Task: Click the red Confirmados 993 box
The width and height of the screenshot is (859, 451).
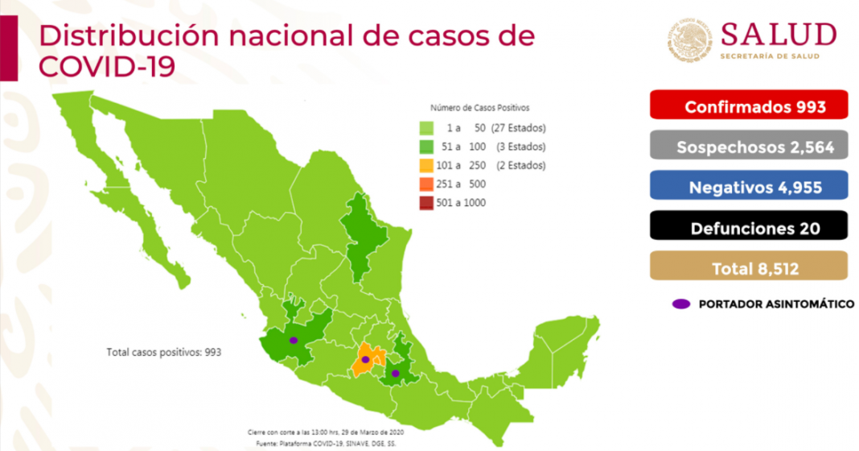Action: click(x=749, y=106)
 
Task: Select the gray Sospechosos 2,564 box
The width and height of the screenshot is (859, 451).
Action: click(x=749, y=147)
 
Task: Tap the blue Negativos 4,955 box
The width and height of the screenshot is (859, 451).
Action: click(x=749, y=188)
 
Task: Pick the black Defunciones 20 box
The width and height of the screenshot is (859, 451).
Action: click(x=749, y=228)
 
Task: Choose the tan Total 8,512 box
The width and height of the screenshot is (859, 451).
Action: click(x=749, y=268)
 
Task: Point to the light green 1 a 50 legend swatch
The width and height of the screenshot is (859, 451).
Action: click(x=425, y=128)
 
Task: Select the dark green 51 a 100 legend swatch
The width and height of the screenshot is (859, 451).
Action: click(x=425, y=147)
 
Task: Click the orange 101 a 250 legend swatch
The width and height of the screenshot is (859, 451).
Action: click(x=425, y=166)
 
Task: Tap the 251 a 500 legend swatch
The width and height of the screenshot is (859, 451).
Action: click(x=425, y=184)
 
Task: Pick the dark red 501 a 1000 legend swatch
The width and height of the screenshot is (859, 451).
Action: click(x=425, y=203)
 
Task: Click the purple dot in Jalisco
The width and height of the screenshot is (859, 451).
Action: click(x=294, y=341)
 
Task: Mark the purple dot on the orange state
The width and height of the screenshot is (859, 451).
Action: click(x=365, y=359)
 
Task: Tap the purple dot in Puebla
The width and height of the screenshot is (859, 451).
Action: click(x=395, y=373)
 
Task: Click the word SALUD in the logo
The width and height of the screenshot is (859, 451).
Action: click(x=778, y=35)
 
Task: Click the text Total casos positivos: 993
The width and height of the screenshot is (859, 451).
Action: click(x=163, y=353)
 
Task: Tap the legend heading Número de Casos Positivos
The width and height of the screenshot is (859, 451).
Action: click(x=479, y=107)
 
